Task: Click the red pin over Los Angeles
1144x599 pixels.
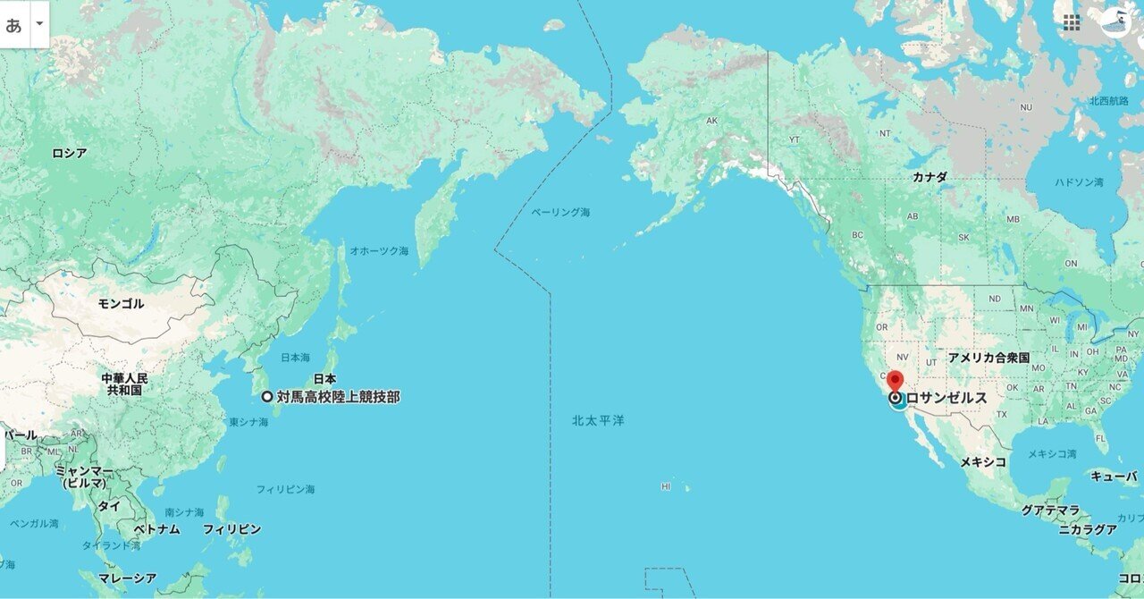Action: (896, 380)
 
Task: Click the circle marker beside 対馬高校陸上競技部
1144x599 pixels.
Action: (267, 397)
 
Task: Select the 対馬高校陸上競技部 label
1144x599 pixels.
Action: (338, 397)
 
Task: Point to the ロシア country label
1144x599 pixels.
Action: (70, 153)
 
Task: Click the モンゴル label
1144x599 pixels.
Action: (121, 304)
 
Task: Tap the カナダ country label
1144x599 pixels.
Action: (929, 177)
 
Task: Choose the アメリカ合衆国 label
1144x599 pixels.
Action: (989, 358)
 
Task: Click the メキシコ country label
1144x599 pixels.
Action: (983, 462)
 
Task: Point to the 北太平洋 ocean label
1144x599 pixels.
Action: (599, 419)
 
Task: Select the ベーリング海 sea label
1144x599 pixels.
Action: (560, 213)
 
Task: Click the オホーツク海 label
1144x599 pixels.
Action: (379, 251)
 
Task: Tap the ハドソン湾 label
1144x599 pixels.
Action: (1079, 182)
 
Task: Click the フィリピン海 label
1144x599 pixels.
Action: (285, 489)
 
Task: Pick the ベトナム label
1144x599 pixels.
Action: (156, 529)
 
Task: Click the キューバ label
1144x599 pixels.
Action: (1114, 477)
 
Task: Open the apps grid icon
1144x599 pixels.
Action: (1072, 22)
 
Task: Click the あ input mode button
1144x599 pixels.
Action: (13, 24)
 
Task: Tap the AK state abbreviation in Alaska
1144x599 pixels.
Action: (712, 121)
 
